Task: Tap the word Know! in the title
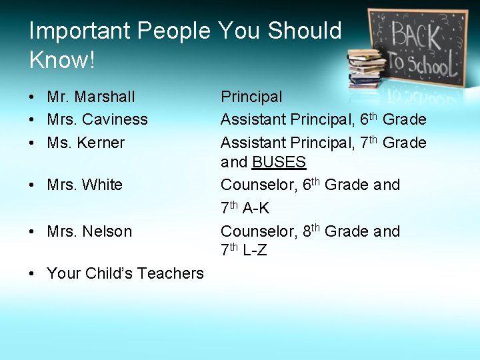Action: pyautogui.click(x=62, y=60)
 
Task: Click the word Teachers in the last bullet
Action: pyautogui.click(x=170, y=273)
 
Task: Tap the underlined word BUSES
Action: pyautogui.click(x=279, y=162)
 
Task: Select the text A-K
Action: pyautogui.click(x=256, y=209)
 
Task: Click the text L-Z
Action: pyautogui.click(x=255, y=251)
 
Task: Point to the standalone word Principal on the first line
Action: pyautogui.click(x=251, y=97)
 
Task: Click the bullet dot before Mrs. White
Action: pyautogui.click(x=32, y=185)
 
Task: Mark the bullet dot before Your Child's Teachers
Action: pyautogui.click(x=32, y=273)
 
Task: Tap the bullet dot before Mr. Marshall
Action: pyautogui.click(x=32, y=97)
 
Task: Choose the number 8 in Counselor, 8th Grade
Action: pyautogui.click(x=307, y=231)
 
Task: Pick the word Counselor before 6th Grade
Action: pyautogui.click(x=259, y=185)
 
